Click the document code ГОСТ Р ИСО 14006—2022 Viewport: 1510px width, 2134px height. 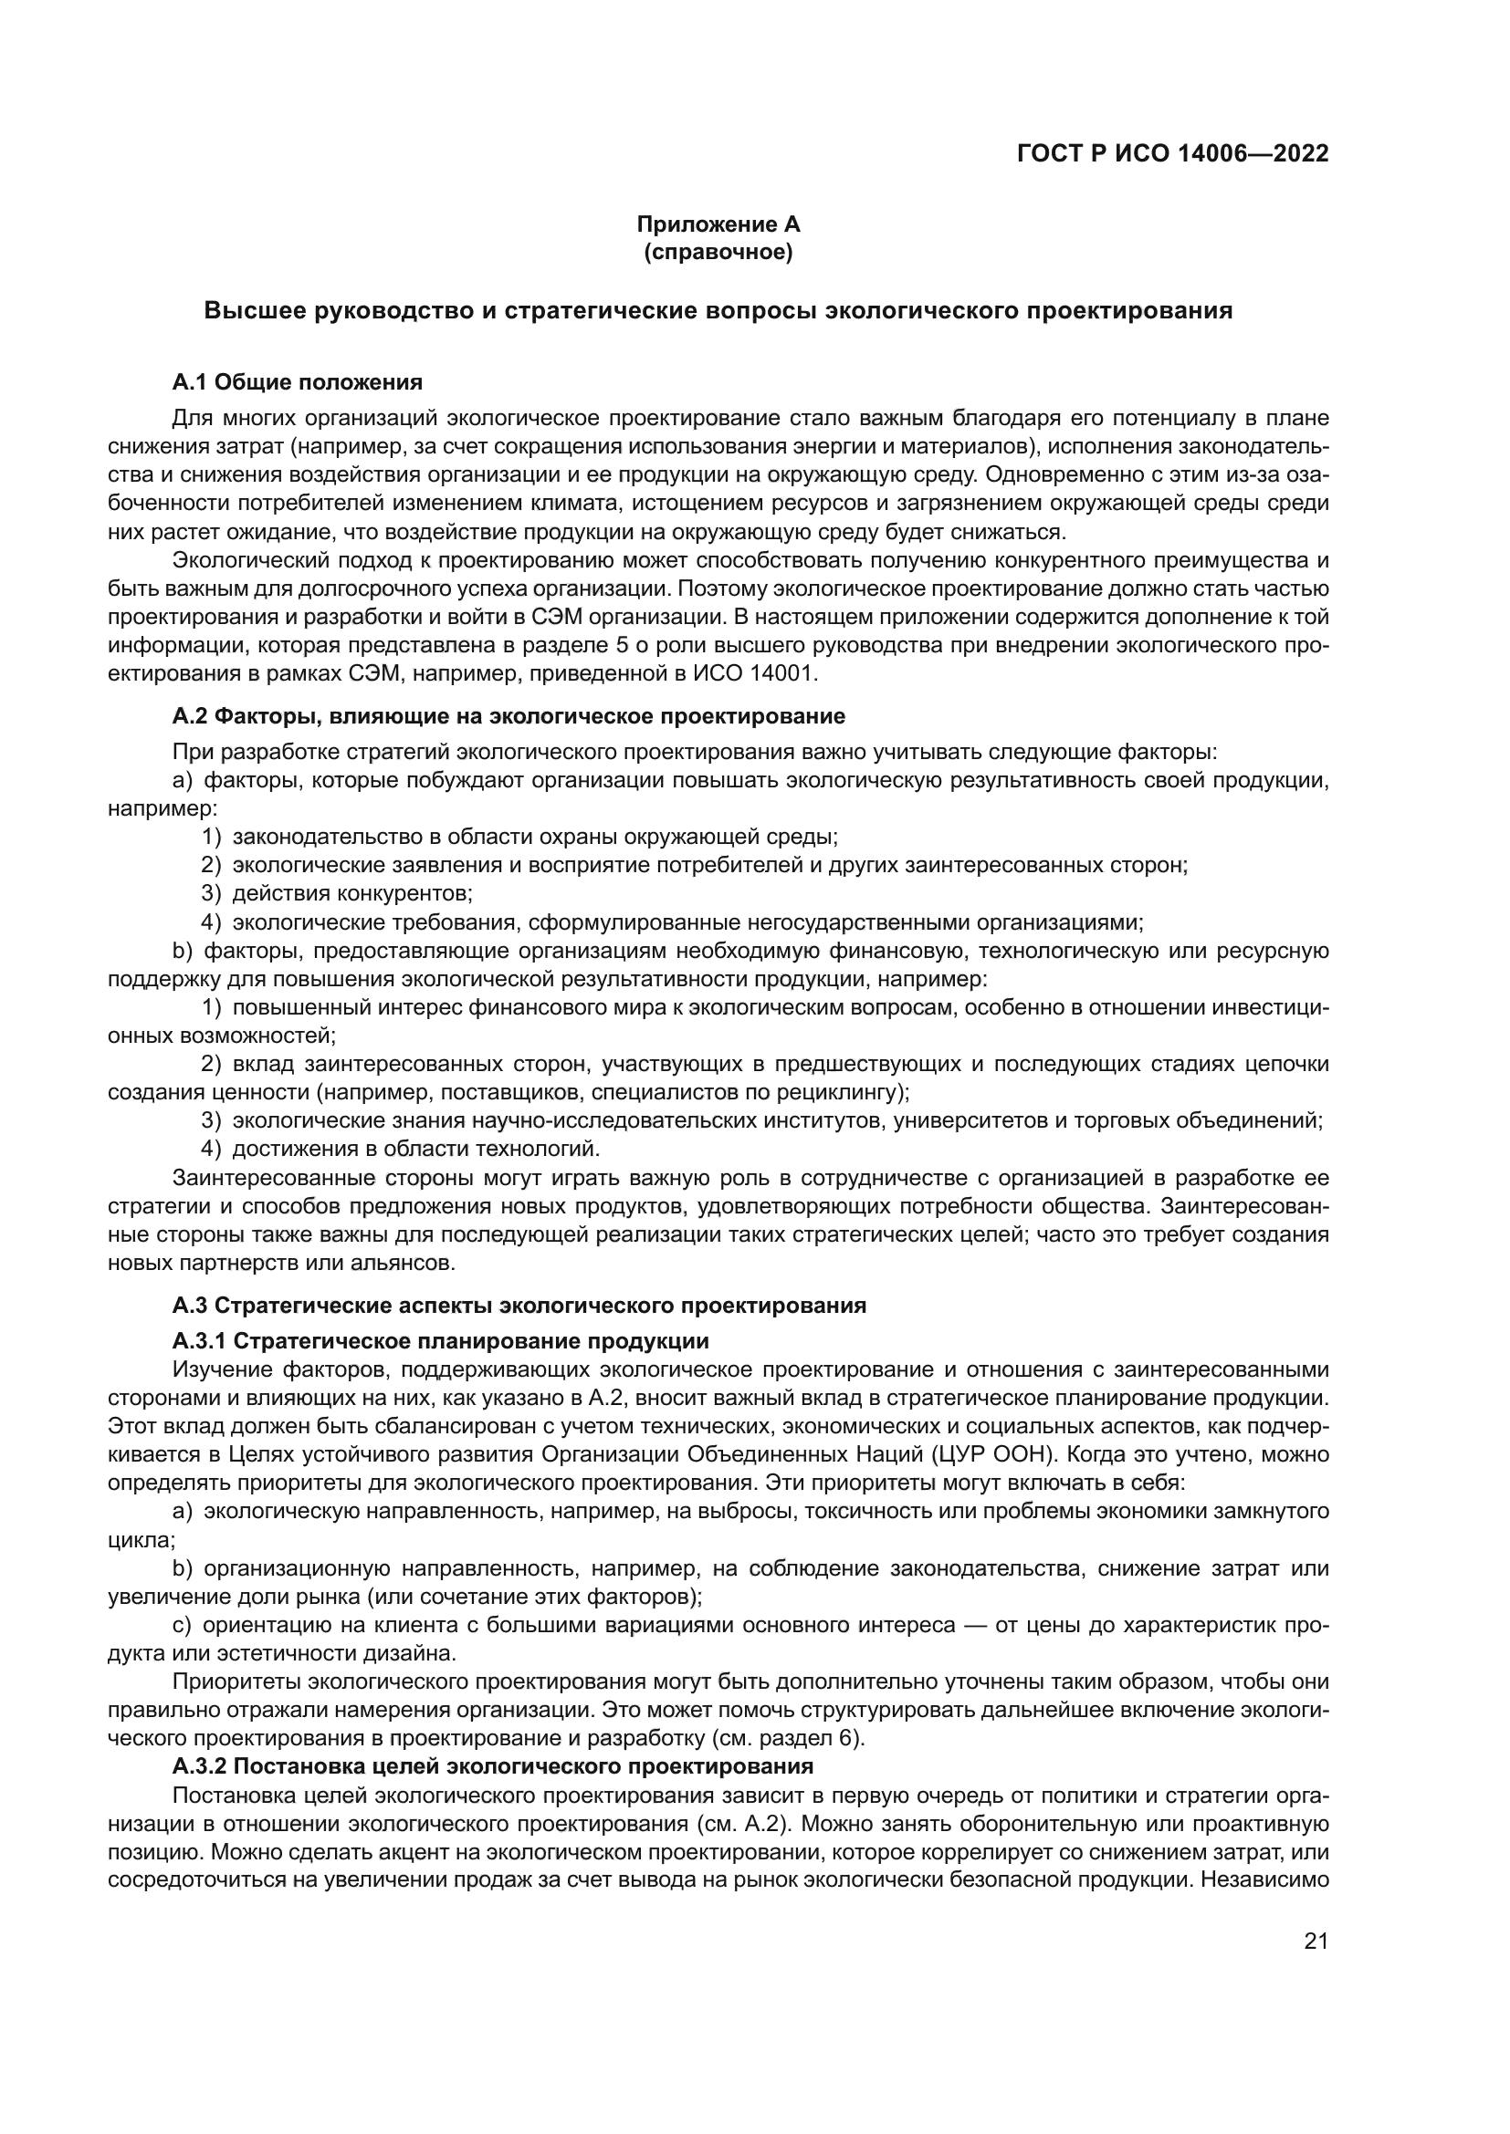pyautogui.click(x=1172, y=153)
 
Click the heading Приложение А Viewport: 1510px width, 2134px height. pyautogui.click(x=718, y=224)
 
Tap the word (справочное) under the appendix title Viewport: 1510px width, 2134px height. pyautogui.click(x=718, y=253)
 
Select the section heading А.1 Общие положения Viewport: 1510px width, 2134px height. pyautogui.click(x=297, y=382)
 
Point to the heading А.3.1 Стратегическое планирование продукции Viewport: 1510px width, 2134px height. pyautogui.click(x=440, y=1340)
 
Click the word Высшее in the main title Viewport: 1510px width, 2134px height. pyautogui.click(x=254, y=310)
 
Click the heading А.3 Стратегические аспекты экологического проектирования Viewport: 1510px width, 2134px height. pyautogui.click(x=519, y=1305)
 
